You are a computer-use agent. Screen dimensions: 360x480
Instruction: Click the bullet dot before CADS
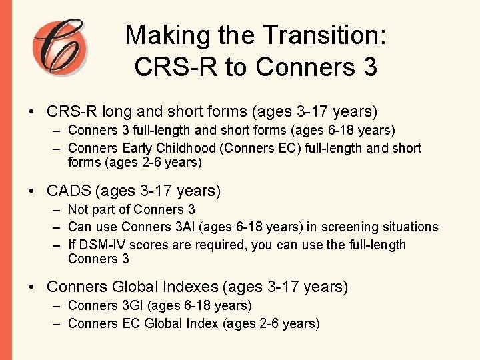click(34, 191)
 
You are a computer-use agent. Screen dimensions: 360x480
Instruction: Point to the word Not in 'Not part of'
click(78, 210)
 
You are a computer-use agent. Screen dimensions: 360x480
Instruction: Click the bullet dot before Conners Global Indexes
click(34, 287)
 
